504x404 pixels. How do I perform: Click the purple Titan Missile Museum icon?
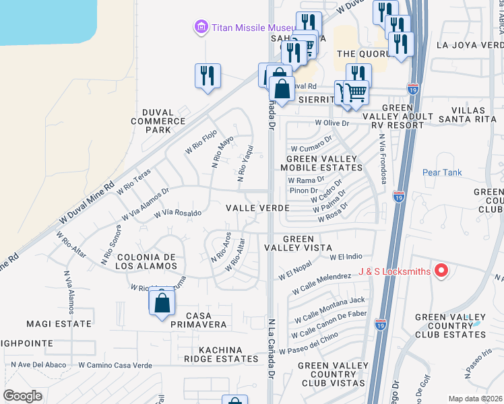click(x=200, y=27)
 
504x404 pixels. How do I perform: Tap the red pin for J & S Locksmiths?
click(x=441, y=271)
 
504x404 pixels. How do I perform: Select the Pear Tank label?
click(x=442, y=172)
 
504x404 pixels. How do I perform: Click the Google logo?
click(x=23, y=395)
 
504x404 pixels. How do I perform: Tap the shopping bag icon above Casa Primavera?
click(x=162, y=303)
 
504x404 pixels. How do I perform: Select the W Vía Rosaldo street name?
click(x=178, y=213)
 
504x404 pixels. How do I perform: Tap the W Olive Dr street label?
click(x=332, y=123)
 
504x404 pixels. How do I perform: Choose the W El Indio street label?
click(x=346, y=257)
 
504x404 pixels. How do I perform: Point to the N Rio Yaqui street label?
click(x=245, y=164)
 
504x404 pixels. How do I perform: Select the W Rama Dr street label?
click(x=307, y=180)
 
